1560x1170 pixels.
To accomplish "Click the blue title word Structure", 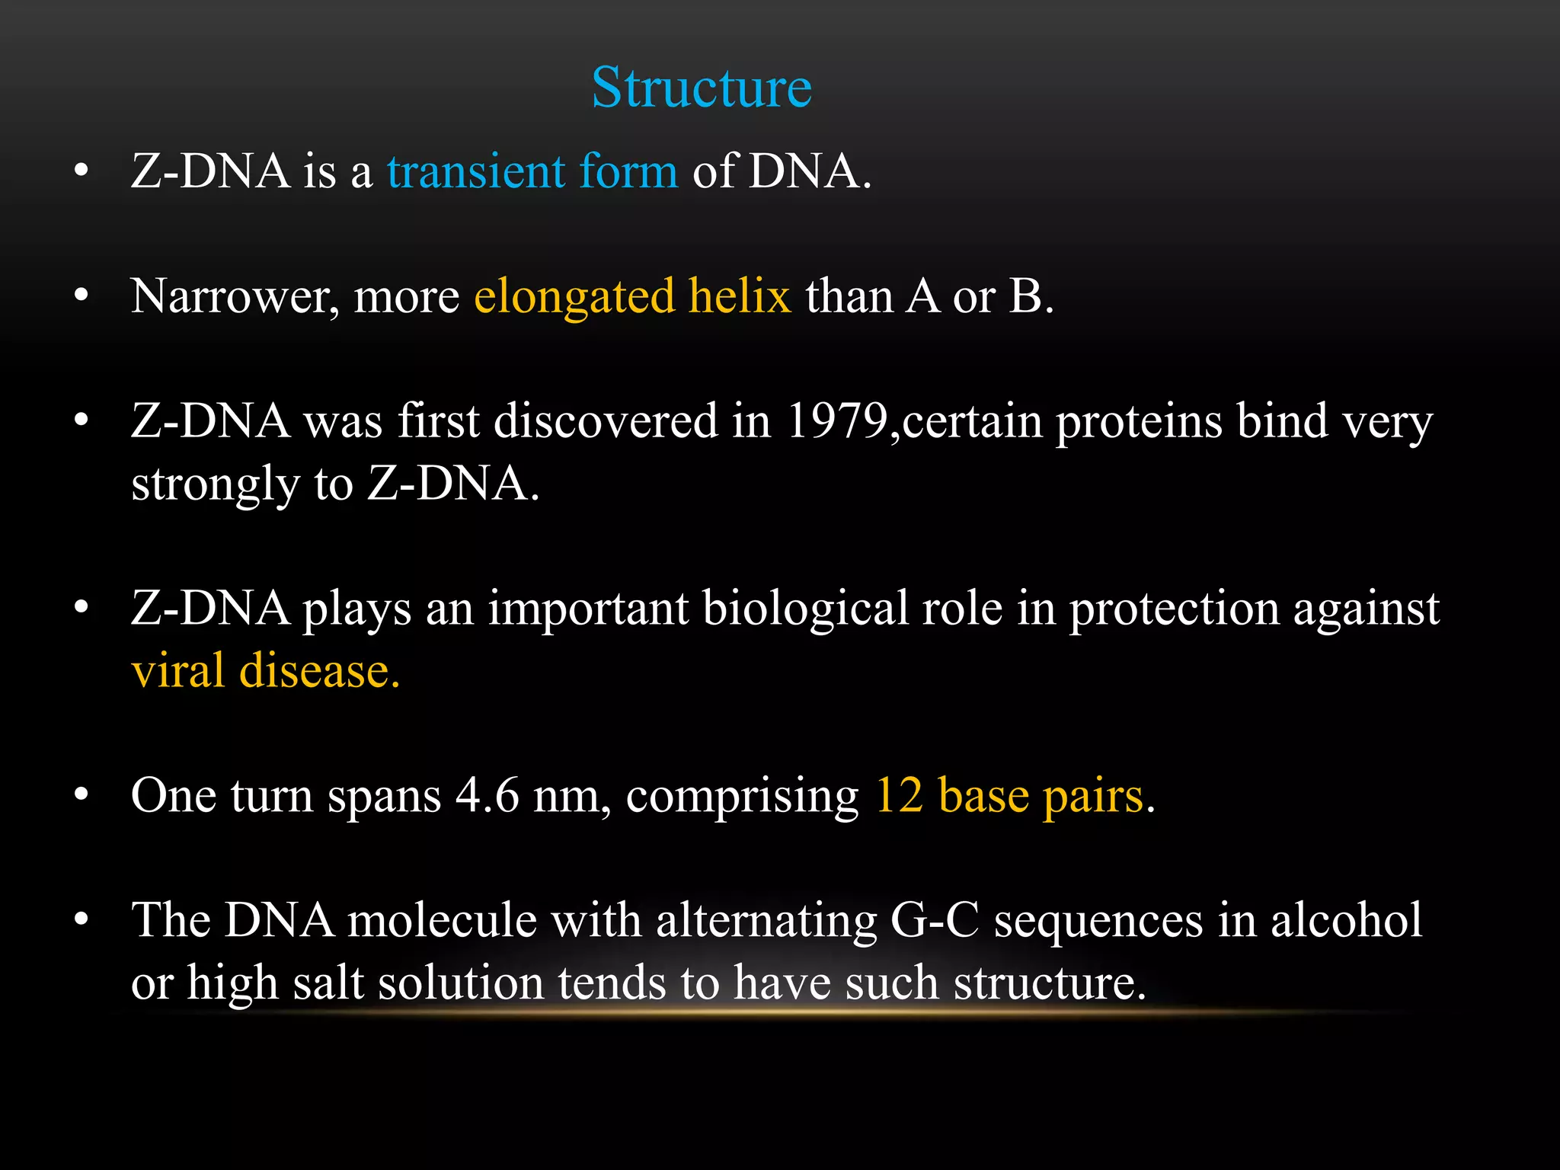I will [702, 88].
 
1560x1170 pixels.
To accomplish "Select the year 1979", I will [836, 420].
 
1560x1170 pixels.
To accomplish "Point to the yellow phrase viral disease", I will [265, 671].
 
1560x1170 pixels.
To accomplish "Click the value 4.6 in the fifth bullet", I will [487, 795].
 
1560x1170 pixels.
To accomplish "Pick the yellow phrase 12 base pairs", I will [1009, 795].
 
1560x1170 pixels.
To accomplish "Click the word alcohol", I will [1346, 920].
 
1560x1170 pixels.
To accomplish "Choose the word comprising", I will [742, 797].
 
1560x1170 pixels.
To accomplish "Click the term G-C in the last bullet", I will [934, 920].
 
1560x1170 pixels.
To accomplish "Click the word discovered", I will [606, 420].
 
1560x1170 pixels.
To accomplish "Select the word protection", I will [1174, 608].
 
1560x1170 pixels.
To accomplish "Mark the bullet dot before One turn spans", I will [82, 795].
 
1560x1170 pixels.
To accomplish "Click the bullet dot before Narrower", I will [82, 296].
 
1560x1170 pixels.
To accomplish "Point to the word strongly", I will [216, 484].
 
